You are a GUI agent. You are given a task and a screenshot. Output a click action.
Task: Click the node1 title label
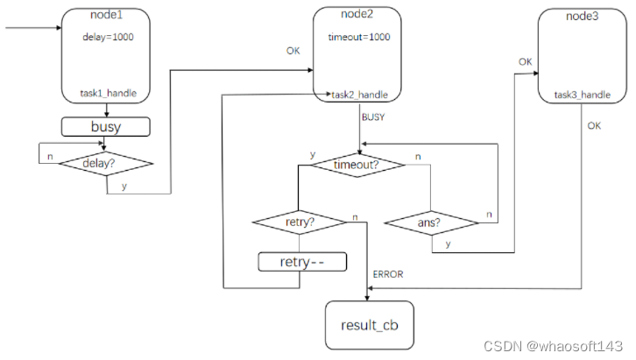(x=106, y=16)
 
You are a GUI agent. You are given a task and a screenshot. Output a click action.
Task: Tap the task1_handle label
(x=106, y=94)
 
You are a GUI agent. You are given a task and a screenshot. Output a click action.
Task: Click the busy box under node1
(x=106, y=127)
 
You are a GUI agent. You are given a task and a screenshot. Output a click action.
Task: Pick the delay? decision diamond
(x=106, y=163)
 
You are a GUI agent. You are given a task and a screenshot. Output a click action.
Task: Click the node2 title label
(x=359, y=15)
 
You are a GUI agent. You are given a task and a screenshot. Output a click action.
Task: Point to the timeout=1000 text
(x=359, y=38)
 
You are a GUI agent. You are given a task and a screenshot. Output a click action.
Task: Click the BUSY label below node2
(x=373, y=116)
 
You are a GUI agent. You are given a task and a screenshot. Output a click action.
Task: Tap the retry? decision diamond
(x=300, y=222)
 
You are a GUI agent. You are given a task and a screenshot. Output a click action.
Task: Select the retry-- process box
(x=300, y=262)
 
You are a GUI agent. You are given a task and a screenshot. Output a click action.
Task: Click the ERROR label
(x=388, y=274)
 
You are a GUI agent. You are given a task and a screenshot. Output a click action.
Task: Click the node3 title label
(x=583, y=16)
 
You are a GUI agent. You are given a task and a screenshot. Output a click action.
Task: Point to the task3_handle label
(x=583, y=94)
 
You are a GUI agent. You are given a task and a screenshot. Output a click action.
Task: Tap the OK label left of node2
(x=293, y=51)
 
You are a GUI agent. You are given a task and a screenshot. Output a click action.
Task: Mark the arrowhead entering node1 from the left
(x=58, y=28)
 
